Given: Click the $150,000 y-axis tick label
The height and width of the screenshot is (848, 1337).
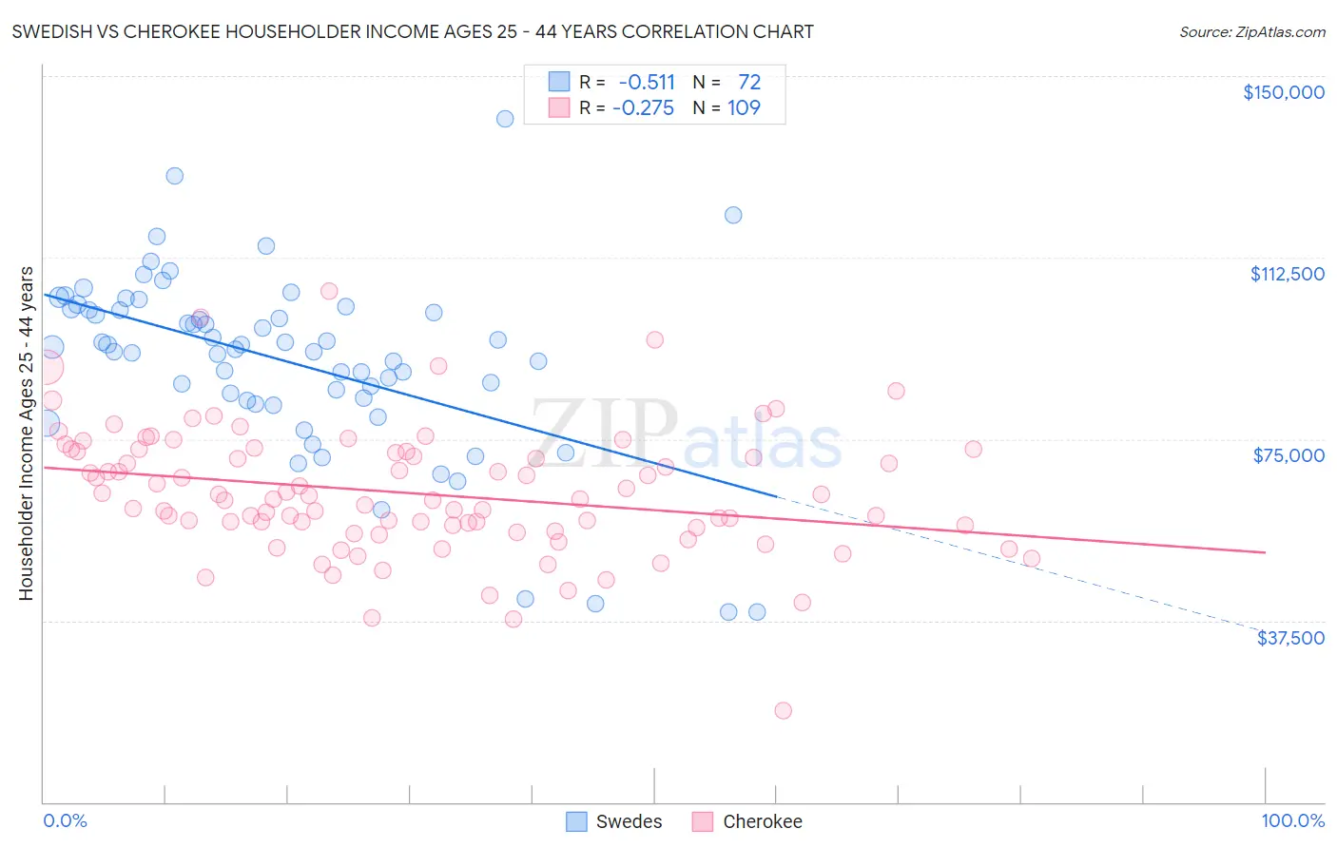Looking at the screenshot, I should point(1283,92).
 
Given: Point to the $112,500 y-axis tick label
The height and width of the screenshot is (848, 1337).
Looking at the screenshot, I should point(1287,274).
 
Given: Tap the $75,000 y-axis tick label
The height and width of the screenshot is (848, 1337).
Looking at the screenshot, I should point(1289,455).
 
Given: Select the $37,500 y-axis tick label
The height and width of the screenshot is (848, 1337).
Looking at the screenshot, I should point(1289,638).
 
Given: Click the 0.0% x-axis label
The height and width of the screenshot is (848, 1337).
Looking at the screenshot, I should point(65,820).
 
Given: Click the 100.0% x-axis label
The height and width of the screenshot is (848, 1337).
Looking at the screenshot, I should point(1292,820).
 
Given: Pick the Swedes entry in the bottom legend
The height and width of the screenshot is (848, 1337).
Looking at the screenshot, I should point(614,821).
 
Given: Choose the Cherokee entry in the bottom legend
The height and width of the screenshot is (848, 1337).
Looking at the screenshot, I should point(747,821).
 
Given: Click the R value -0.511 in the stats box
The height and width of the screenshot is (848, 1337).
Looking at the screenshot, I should point(647,83).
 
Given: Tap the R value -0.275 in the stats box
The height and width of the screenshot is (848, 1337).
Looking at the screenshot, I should point(643,108).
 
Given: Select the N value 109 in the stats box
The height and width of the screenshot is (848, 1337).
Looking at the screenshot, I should point(744,108).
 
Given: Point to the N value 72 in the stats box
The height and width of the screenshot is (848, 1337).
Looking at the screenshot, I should point(749,83).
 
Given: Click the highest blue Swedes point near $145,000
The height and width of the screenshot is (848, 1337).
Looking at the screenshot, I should point(505,119).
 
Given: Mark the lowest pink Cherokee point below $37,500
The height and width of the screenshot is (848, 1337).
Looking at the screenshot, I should point(783,710).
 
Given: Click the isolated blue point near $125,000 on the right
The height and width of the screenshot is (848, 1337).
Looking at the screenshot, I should point(733,215).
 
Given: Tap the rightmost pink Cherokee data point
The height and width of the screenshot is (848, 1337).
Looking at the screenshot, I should point(1032,559).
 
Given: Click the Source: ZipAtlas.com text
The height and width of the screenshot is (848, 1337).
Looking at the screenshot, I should point(1251,32).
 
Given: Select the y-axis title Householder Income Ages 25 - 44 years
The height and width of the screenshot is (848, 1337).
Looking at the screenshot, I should point(26,434).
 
